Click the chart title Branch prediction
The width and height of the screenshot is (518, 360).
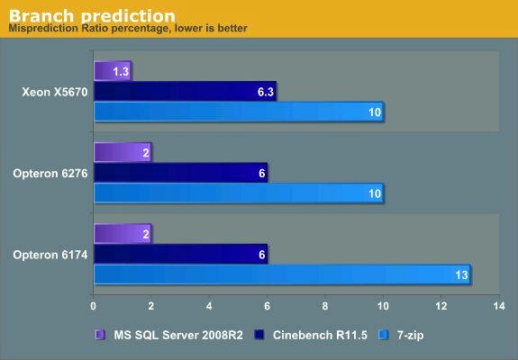[92, 15]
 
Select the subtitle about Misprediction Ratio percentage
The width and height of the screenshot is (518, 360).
[128, 29]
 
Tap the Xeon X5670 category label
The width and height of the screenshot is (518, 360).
[55, 92]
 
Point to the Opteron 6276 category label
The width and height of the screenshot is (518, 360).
[50, 173]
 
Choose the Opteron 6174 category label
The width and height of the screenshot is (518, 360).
[50, 255]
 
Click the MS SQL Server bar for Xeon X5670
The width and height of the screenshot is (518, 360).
[113, 71]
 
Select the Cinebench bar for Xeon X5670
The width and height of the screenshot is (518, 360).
[185, 92]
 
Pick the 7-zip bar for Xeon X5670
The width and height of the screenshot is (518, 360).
[239, 112]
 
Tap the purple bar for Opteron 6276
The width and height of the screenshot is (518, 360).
[123, 152]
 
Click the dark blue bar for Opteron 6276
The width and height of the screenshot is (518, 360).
[181, 173]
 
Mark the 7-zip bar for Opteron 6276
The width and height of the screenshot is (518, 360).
[239, 193]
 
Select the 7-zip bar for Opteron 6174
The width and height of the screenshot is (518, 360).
[282, 274]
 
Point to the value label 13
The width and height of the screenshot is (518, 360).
[461, 274]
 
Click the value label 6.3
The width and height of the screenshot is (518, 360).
[266, 92]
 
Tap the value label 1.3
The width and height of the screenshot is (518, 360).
[121, 71]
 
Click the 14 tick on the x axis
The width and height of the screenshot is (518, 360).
[499, 306]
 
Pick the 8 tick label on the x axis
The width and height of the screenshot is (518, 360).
[325, 306]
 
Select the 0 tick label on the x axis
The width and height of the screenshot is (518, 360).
[93, 306]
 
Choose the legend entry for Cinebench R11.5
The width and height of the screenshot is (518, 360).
[311, 336]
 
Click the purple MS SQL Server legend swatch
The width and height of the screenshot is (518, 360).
[99, 336]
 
